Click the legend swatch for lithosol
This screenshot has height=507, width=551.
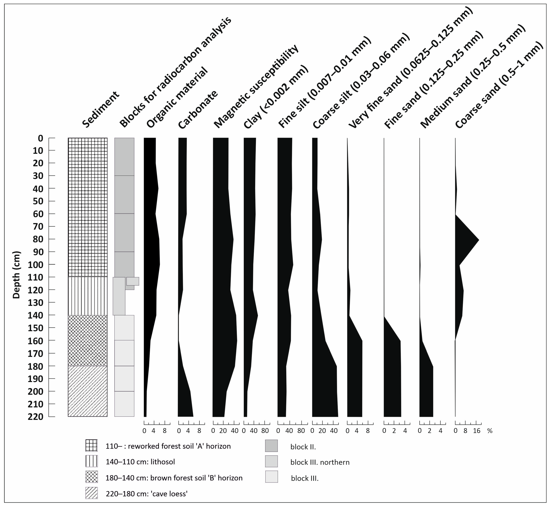tap(91, 462)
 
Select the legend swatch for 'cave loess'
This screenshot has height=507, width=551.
tap(91, 493)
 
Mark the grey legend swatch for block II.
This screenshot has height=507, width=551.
tap(271, 446)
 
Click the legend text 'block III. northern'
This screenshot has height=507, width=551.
tap(320, 462)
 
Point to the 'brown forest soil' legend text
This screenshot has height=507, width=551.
tap(174, 478)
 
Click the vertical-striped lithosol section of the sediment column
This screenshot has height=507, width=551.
tap(87, 296)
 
